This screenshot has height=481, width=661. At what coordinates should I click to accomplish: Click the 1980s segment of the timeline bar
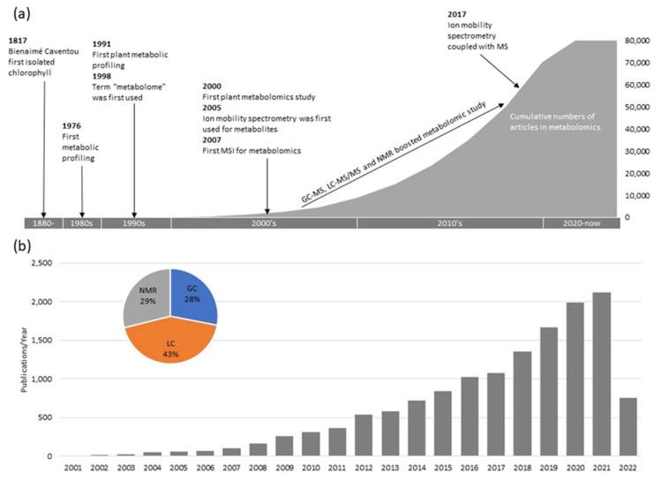point(81,224)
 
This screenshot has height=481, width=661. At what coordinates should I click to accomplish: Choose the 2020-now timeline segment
point(582,224)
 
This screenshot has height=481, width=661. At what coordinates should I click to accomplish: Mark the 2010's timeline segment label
point(449,224)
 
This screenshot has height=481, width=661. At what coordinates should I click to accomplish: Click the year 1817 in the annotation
point(17,40)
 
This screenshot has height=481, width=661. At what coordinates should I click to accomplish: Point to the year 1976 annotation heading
point(73,126)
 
